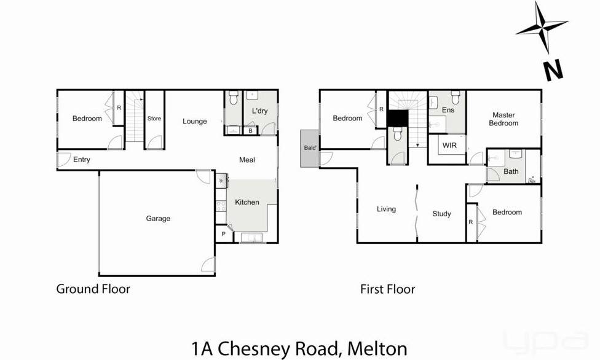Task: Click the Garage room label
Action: [158, 218]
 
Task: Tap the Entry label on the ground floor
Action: [82, 160]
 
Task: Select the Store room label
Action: [154, 119]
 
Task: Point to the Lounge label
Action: [195, 121]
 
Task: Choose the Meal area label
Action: [247, 160]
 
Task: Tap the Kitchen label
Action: [247, 202]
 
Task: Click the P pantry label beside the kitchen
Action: [223, 233]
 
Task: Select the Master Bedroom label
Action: [503, 119]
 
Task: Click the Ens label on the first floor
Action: [449, 110]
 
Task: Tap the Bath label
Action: [511, 171]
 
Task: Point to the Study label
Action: [441, 214]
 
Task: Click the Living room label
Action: [386, 209]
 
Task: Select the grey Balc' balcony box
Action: [309, 148]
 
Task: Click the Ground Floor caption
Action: [93, 289]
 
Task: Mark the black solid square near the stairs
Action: [397, 118]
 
